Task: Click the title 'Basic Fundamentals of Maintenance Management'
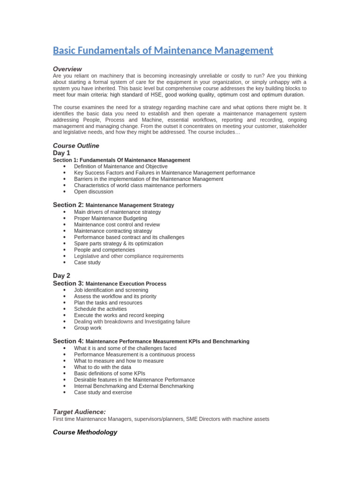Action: click(163, 50)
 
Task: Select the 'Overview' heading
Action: click(67, 69)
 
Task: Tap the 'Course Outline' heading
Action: click(76, 146)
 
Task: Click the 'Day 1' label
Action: click(61, 153)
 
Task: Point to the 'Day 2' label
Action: click(61, 276)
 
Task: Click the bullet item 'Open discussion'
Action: click(93, 192)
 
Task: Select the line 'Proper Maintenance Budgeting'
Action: click(110, 218)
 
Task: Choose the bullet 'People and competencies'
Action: click(104, 250)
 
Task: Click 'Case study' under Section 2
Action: click(87, 262)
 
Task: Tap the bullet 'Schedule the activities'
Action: click(100, 309)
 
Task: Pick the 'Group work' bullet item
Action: click(87, 328)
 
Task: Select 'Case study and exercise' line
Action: click(103, 392)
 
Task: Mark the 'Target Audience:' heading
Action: click(79, 412)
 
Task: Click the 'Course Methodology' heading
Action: click(85, 432)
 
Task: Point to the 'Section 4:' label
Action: click(68, 341)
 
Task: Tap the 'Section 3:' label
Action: click(68, 283)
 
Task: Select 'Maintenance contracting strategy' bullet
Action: click(113, 231)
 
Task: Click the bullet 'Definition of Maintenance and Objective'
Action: click(120, 166)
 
